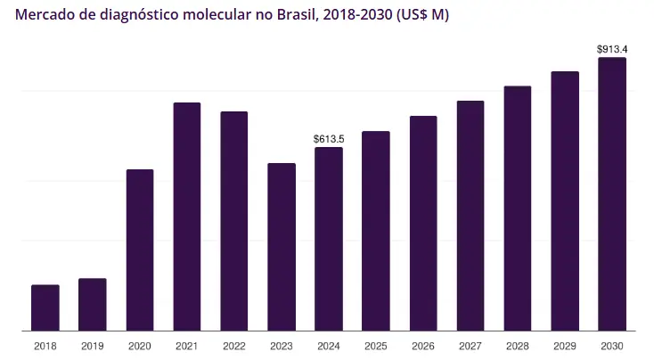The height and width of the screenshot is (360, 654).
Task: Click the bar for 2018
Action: click(45, 307)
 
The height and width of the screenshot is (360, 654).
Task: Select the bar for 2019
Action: click(93, 304)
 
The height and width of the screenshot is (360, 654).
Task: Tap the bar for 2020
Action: click(140, 250)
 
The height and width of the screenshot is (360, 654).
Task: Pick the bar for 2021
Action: click(187, 217)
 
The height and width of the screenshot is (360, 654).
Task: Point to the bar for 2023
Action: click(282, 247)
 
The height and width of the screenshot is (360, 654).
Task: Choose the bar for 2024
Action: click(329, 239)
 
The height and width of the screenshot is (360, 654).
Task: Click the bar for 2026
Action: click(423, 223)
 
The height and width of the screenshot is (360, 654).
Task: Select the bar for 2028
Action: click(518, 209)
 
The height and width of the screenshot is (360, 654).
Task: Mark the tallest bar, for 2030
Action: click(612, 194)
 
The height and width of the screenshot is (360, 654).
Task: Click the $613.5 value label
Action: click(329, 139)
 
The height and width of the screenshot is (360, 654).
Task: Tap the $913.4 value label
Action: click(612, 49)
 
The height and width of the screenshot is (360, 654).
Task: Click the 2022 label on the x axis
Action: click(234, 346)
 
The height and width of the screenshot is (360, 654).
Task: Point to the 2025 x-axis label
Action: click(376, 346)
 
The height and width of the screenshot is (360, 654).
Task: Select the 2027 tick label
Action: click(470, 346)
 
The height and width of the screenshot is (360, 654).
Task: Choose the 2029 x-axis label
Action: click(565, 346)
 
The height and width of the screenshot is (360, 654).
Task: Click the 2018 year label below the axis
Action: click(45, 346)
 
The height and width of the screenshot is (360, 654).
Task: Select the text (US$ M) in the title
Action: click(418, 16)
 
